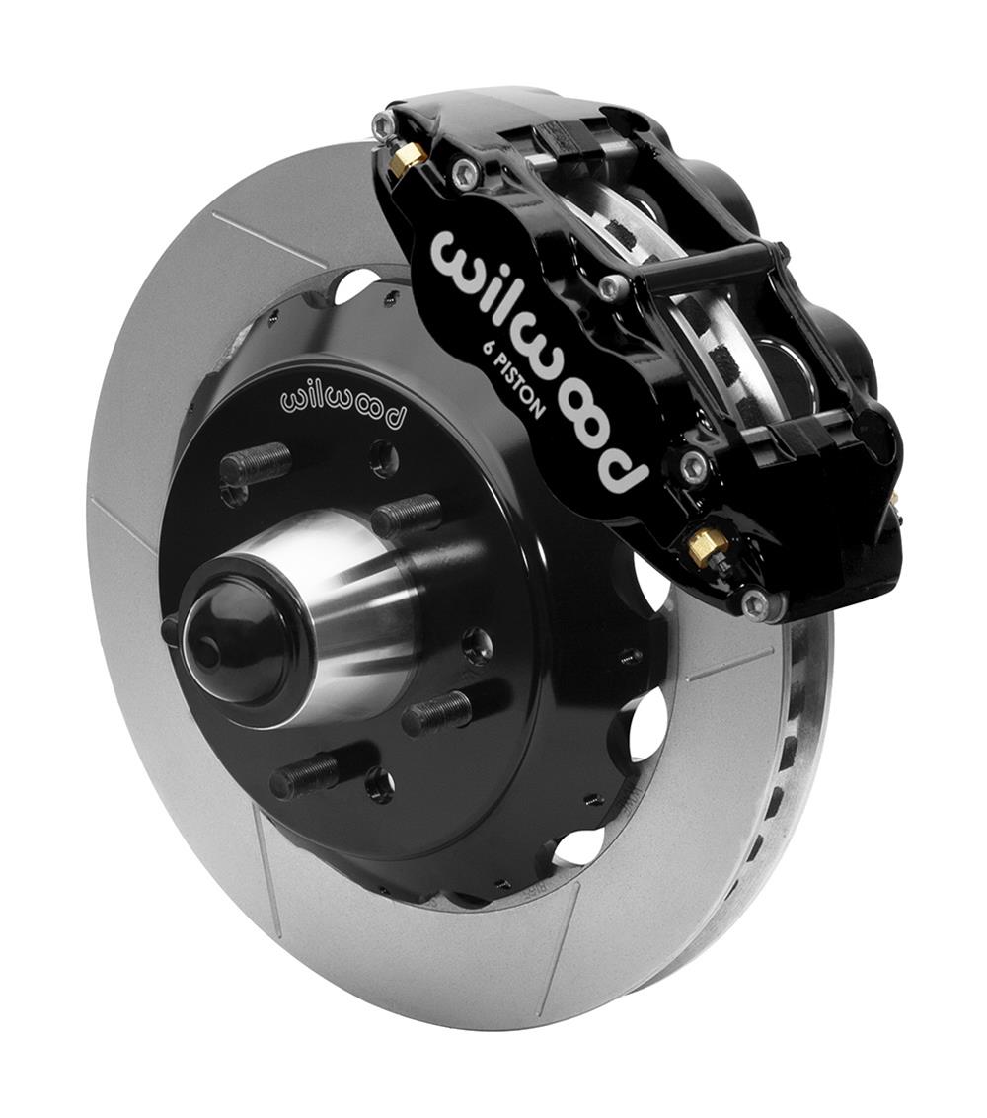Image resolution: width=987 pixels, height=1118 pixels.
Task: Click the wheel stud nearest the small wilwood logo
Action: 256,463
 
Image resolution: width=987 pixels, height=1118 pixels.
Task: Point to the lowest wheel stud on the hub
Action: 305,775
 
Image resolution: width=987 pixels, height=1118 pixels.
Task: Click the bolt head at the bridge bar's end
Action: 613,286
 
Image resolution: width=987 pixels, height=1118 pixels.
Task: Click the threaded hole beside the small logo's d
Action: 385,457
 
